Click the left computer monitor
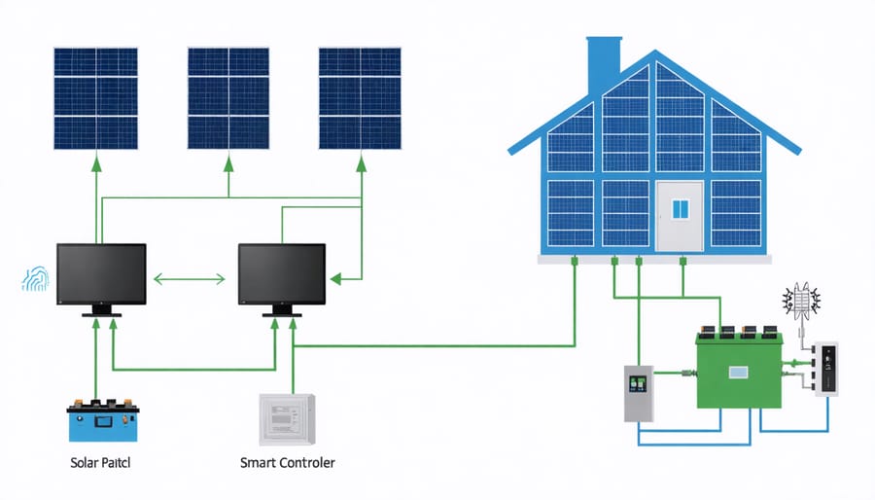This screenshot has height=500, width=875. coord(101,276)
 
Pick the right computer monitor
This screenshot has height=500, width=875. coord(282,276)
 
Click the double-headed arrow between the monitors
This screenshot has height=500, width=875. coord(192,280)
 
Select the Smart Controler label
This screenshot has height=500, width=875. coord(287,463)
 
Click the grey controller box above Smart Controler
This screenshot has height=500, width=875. coord(288,418)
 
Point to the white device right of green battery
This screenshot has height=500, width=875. coord(825,369)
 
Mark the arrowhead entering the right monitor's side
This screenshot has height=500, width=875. coord(335,280)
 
